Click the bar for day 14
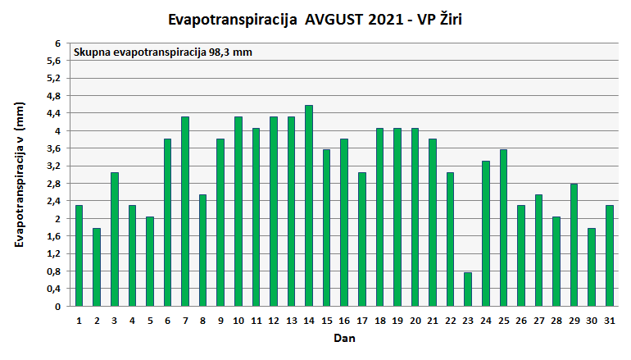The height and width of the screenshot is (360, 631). (309, 206)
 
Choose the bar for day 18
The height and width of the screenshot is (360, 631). (379, 217)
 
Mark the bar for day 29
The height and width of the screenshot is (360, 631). (574, 245)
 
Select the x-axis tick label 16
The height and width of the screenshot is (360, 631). (344, 320)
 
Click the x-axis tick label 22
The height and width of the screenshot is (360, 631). (450, 320)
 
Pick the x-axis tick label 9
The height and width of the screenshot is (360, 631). (220, 320)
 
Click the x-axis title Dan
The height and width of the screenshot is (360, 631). (343, 338)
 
